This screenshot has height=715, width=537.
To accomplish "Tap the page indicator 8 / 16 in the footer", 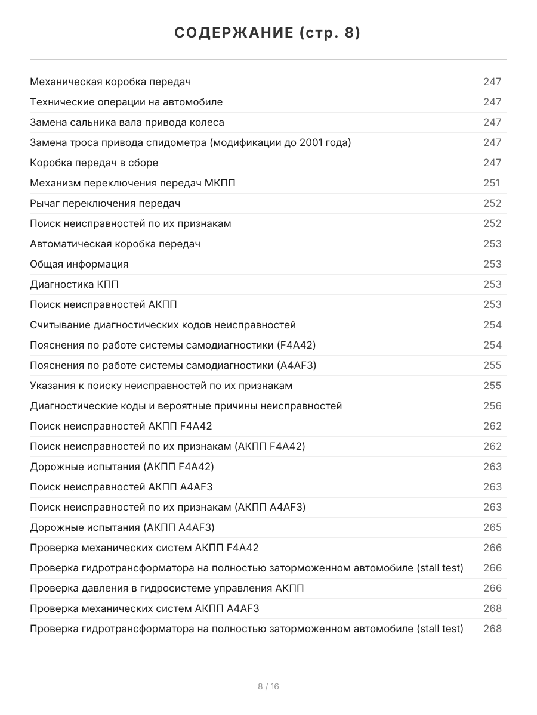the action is pyautogui.click(x=268, y=686).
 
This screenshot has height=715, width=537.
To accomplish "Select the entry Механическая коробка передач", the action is pyautogui.click(x=110, y=82).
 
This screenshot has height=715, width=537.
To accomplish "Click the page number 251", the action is pyautogui.click(x=492, y=183).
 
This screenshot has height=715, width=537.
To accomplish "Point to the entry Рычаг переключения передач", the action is pyautogui.click(x=105, y=203).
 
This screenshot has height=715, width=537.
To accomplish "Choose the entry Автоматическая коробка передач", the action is pyautogui.click(x=115, y=244).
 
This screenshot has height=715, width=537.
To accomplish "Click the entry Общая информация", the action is pyautogui.click(x=79, y=264).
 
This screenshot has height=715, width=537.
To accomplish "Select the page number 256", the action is pyautogui.click(x=492, y=406).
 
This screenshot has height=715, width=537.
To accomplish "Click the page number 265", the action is pyautogui.click(x=492, y=527).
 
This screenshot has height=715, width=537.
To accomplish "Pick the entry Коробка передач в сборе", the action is pyautogui.click(x=94, y=163).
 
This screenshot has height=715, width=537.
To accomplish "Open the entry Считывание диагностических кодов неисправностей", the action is pyautogui.click(x=163, y=325).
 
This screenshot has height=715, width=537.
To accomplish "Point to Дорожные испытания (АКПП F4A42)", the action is pyautogui.click(x=122, y=467).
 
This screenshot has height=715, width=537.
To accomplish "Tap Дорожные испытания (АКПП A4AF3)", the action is pyautogui.click(x=122, y=527).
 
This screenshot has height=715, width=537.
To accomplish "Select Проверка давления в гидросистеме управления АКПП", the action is pyautogui.click(x=167, y=588).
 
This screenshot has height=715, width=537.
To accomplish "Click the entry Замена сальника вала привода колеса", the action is pyautogui.click(x=127, y=122).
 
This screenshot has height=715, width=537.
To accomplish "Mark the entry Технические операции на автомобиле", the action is pyautogui.click(x=126, y=102).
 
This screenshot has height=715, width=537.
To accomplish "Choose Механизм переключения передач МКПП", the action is pyautogui.click(x=132, y=183).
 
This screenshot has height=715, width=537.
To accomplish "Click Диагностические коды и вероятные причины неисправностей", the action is pyautogui.click(x=186, y=406).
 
